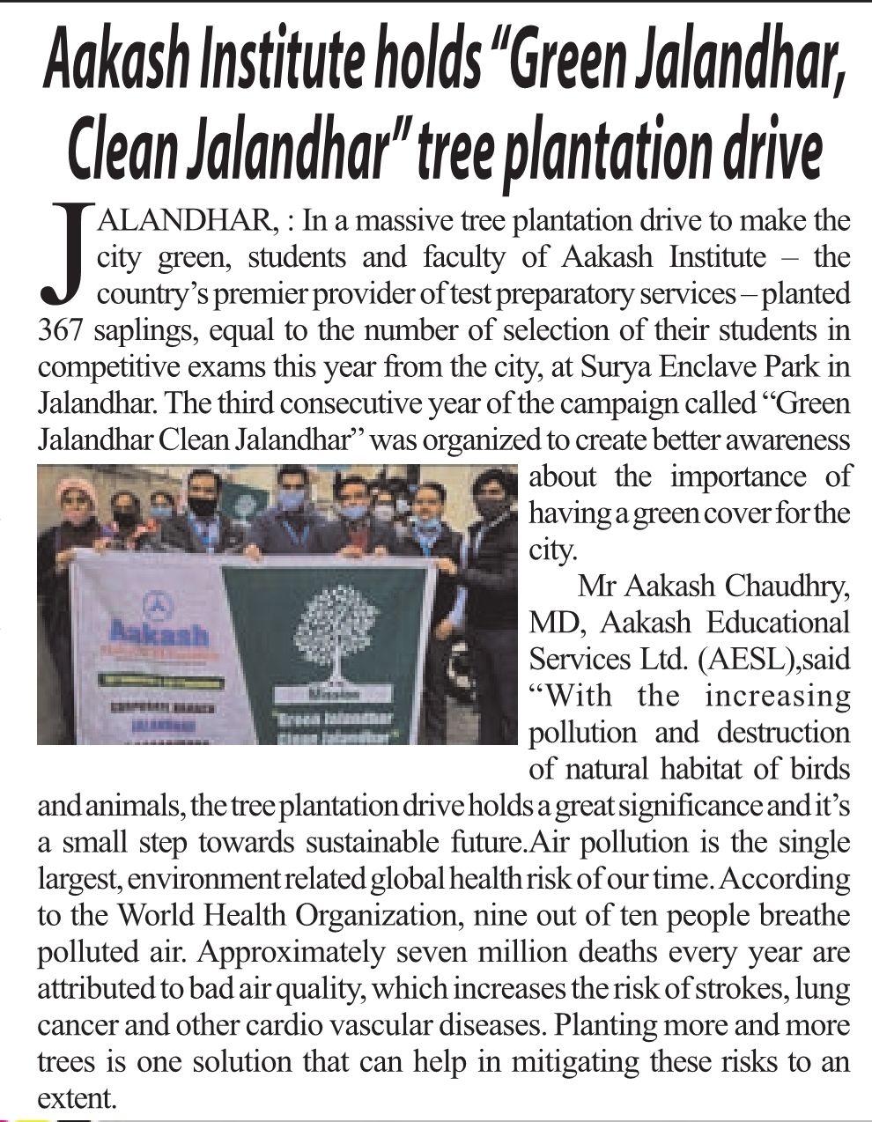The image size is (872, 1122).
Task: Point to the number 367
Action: (x=60, y=331)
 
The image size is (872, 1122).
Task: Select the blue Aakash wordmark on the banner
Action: (x=159, y=635)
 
